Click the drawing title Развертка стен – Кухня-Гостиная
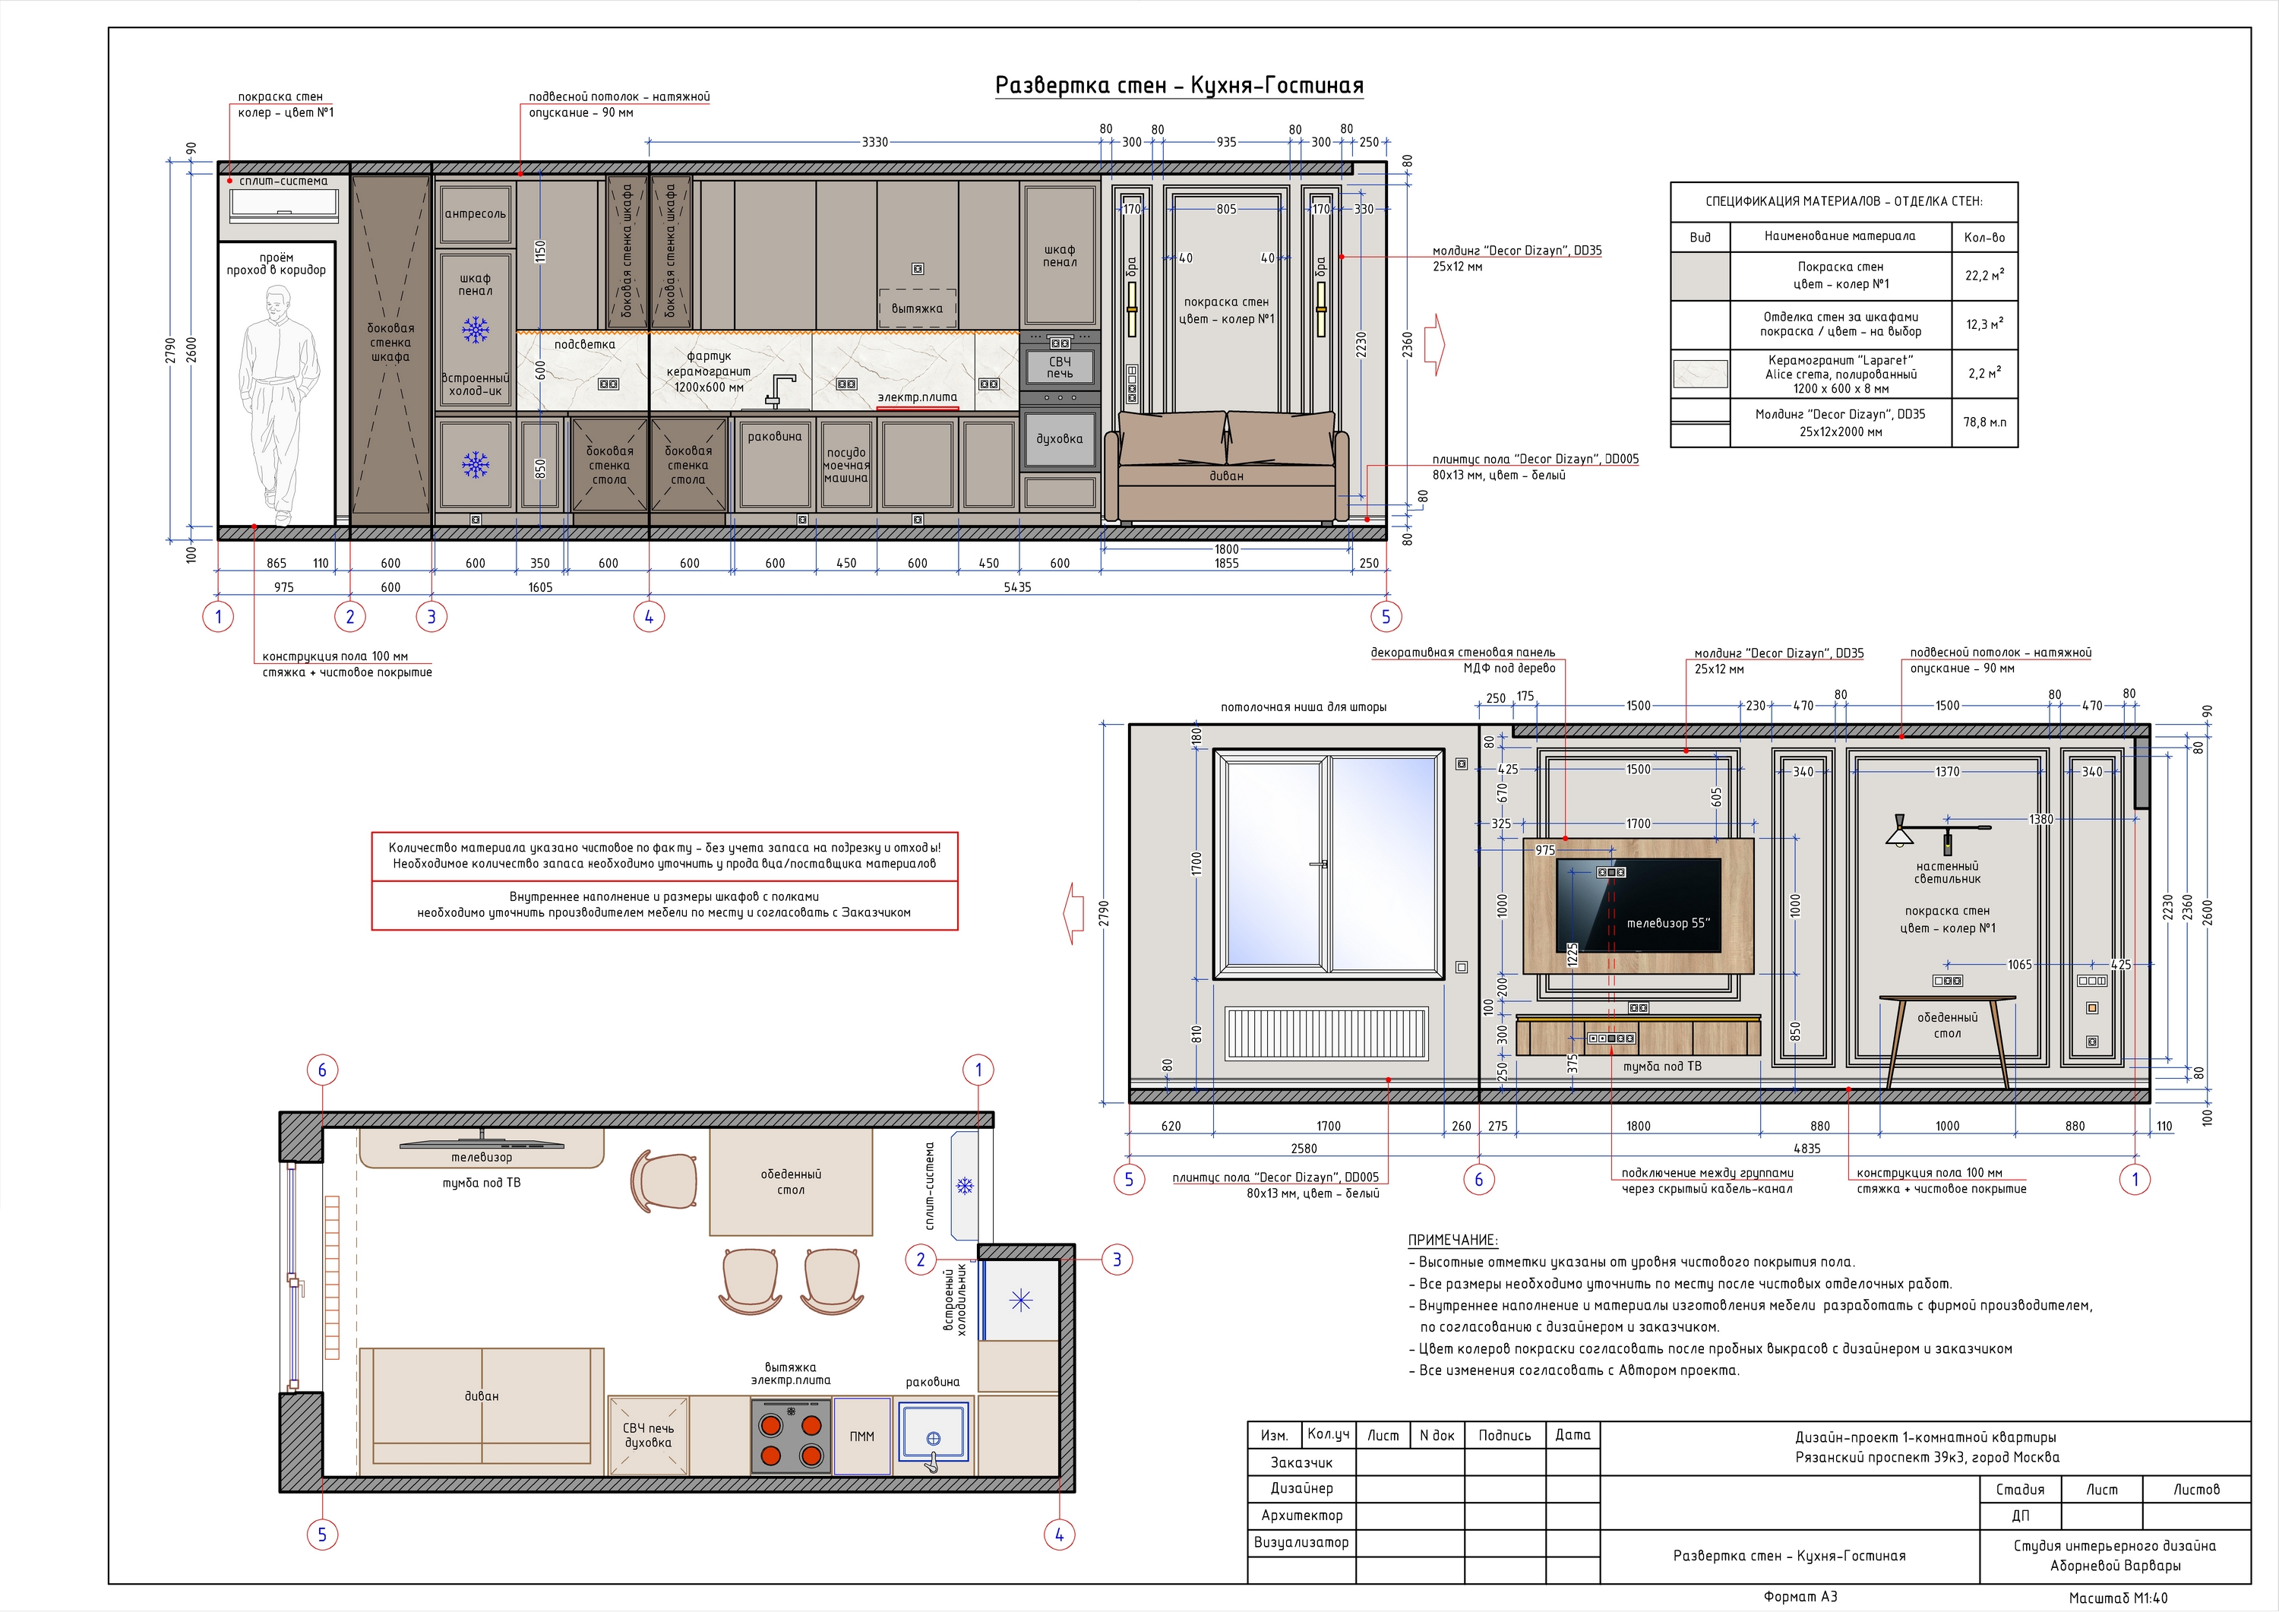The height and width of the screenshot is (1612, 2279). pyautogui.click(x=1179, y=85)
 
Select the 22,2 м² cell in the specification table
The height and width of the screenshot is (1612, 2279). pyautogui.click(x=1984, y=276)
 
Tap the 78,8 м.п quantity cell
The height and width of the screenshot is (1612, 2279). pyautogui.click(x=1984, y=422)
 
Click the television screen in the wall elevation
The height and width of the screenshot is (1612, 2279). pyautogui.click(x=1638, y=906)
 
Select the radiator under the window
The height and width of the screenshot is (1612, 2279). pyautogui.click(x=1326, y=1033)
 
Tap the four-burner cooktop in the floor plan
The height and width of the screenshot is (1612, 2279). pyautogui.click(x=791, y=1435)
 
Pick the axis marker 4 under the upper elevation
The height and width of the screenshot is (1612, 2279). pyautogui.click(x=650, y=616)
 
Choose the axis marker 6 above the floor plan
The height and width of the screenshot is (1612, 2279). pyautogui.click(x=321, y=1070)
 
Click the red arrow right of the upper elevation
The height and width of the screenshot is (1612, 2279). pyautogui.click(x=1434, y=344)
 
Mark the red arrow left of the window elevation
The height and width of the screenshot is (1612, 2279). pyautogui.click(x=1073, y=913)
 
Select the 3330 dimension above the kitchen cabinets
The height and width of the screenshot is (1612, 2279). pyautogui.click(x=874, y=142)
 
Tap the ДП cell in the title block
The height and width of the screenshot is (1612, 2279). pyautogui.click(x=2020, y=1516)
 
